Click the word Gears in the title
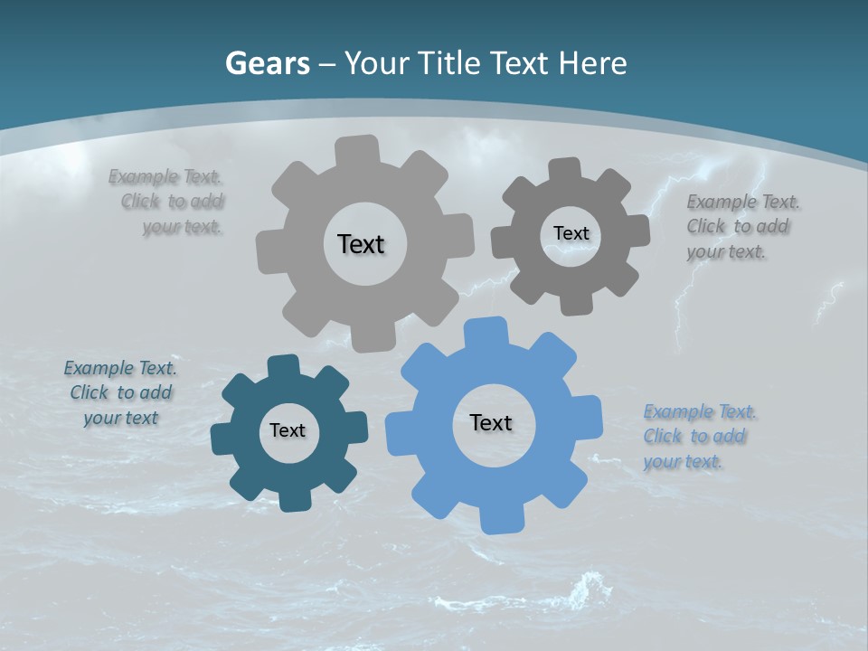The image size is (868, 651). coord(268,63)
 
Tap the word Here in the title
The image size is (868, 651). coord(592,63)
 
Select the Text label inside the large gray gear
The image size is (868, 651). coord(361,244)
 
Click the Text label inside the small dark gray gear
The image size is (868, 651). coord(571,233)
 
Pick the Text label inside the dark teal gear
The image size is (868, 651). coord(288,431)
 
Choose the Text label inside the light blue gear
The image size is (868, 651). coord(491,422)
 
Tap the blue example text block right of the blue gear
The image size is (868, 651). coord(696,437)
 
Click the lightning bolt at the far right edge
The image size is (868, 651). coord(828,302)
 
